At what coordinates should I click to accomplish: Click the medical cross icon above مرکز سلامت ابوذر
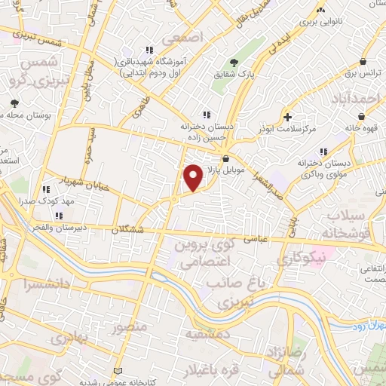pyautogui.click(x=287, y=117)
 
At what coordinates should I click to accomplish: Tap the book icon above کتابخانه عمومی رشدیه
pyautogui.click(x=116, y=370)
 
